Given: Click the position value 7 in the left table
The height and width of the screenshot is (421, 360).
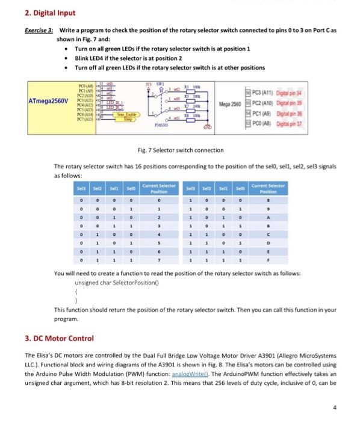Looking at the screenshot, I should (159, 262).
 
